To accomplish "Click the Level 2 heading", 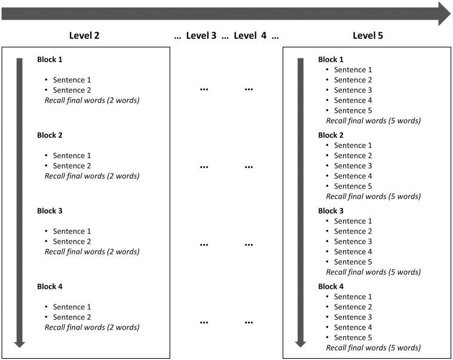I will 84,35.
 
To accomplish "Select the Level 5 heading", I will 368,35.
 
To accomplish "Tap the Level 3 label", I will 201,35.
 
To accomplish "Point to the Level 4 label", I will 250,35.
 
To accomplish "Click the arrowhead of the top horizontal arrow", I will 444,14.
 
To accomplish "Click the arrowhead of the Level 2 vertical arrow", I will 19,343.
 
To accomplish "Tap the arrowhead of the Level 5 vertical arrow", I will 301,343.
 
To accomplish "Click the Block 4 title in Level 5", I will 331,287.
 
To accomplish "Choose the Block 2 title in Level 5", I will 331,136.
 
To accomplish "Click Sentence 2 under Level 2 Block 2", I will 72,166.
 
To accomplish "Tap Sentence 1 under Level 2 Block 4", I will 72,307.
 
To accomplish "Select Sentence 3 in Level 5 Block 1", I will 353,90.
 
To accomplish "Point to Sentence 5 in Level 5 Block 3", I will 353,261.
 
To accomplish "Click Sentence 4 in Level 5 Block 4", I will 353,327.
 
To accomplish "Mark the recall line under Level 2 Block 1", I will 92,100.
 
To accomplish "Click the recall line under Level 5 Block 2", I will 373,196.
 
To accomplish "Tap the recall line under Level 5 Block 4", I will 373,347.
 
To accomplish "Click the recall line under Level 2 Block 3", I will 92,251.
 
